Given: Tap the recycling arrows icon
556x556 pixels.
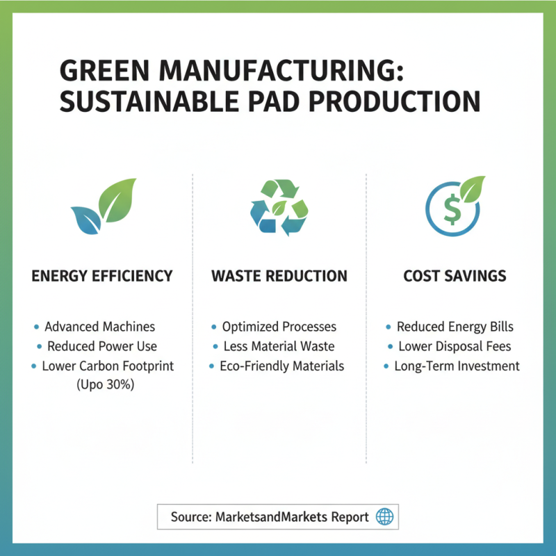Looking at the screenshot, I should [x=279, y=206].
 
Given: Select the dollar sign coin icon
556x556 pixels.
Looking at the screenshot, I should [x=453, y=206].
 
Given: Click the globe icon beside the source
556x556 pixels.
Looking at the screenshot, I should [x=384, y=517].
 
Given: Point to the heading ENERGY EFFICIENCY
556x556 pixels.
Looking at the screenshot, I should [x=102, y=276].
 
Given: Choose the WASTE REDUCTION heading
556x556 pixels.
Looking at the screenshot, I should [x=279, y=276].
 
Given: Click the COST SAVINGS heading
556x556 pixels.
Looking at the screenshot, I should [x=455, y=276].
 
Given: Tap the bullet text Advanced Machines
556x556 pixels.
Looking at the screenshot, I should [x=99, y=327].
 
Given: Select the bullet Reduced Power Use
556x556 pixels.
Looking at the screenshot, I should [x=101, y=346].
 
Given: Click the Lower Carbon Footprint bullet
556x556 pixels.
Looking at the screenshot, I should [x=108, y=366].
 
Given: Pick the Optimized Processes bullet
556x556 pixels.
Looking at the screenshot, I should [x=279, y=327].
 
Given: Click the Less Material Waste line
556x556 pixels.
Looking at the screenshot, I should [x=279, y=346].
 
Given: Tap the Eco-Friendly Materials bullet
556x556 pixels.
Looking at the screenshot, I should [x=281, y=366].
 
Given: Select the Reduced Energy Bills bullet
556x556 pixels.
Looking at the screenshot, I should [x=455, y=327].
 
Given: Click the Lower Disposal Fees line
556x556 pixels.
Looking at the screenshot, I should [x=455, y=346].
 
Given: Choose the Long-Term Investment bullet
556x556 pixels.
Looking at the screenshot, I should [x=457, y=366].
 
